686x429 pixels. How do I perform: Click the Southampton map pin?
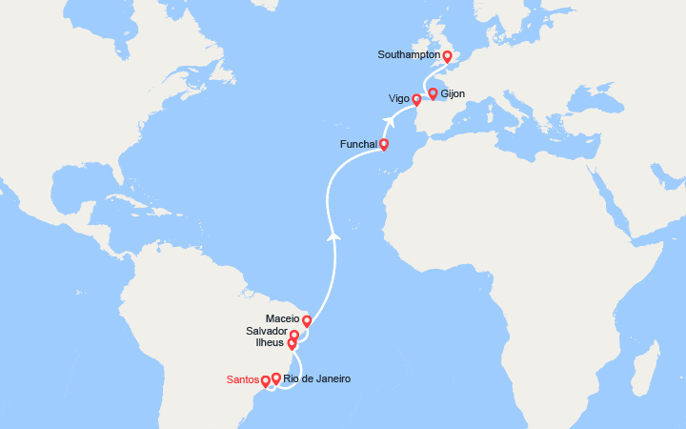pos(448,56)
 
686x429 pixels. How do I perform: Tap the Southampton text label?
pos(409,55)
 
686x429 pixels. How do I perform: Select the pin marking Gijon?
pos(433,93)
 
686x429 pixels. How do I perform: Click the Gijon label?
pos(453,94)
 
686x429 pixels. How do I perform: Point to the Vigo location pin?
pos(416,99)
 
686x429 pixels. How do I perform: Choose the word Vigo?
pos(399,99)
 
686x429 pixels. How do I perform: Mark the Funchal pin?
pos(384,145)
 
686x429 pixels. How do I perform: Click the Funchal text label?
pos(358,145)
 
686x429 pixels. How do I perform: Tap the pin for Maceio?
pos(307,321)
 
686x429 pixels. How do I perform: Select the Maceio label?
pos(283,318)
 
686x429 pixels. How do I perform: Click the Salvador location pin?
pos(295,335)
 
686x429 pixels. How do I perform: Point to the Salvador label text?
pos(267,332)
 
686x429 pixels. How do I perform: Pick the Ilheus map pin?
pos(292,344)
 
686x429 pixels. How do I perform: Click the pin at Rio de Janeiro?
pos(276,378)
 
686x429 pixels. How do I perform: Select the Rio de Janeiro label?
pos(316,379)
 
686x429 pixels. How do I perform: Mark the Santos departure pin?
pos(266,381)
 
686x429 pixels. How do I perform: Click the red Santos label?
pos(243,380)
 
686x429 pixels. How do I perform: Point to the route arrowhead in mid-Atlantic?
pos(333,235)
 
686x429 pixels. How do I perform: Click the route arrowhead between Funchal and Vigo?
pos(389,121)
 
